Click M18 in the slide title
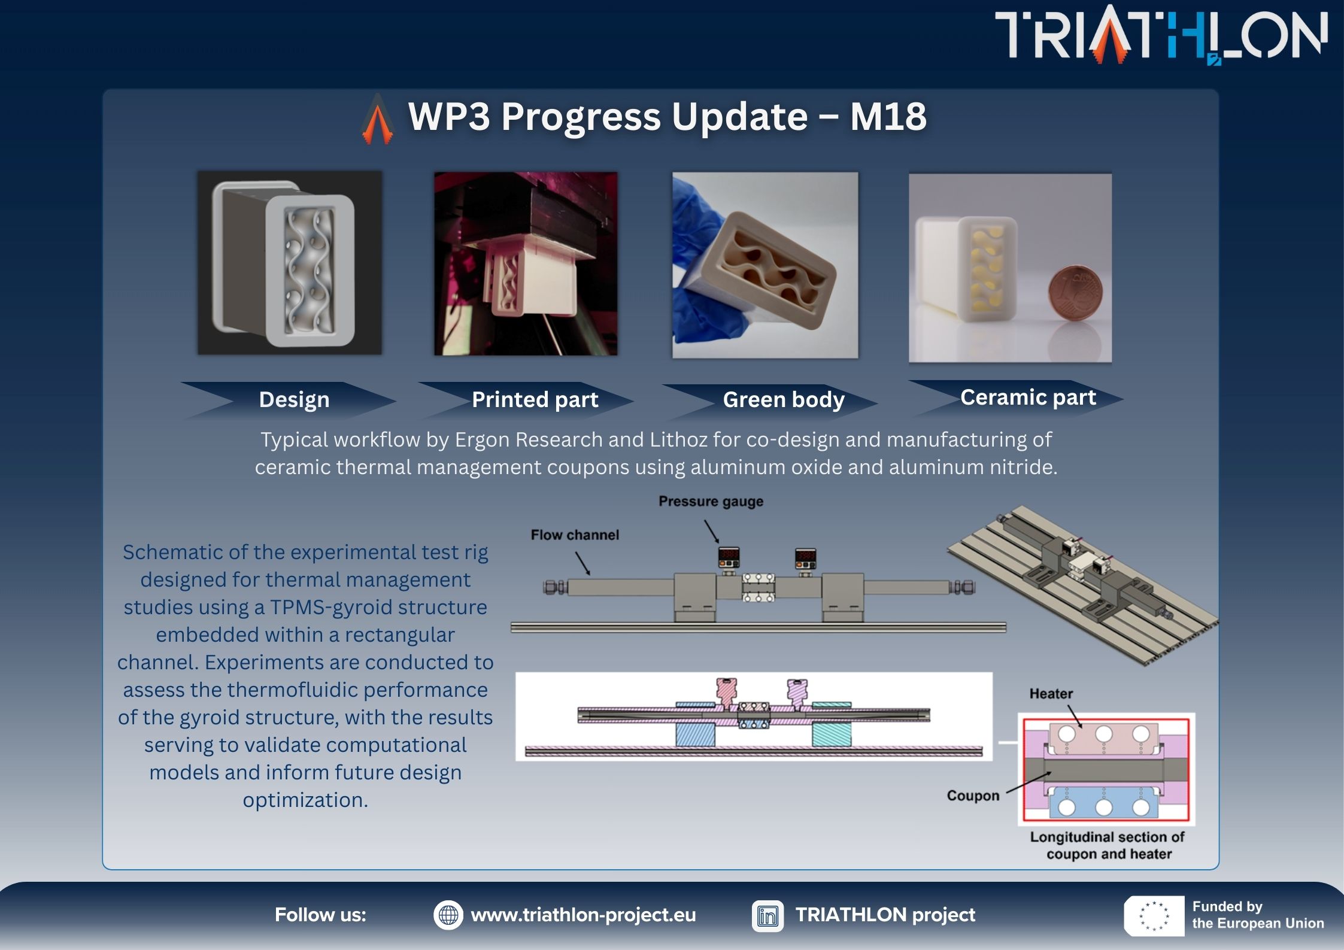[x=888, y=116]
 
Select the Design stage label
[x=294, y=399]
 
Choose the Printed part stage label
[x=535, y=399]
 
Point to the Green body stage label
[x=783, y=399]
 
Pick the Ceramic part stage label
[x=1028, y=397]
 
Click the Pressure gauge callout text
[x=711, y=501]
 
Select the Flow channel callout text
[x=575, y=535]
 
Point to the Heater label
[x=1051, y=693]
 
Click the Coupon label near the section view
[x=973, y=795]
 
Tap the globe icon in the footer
[x=448, y=915]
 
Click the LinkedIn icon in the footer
[x=767, y=915]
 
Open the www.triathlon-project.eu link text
[x=583, y=915]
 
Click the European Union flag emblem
[x=1154, y=916]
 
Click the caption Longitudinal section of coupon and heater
[x=1108, y=845]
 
